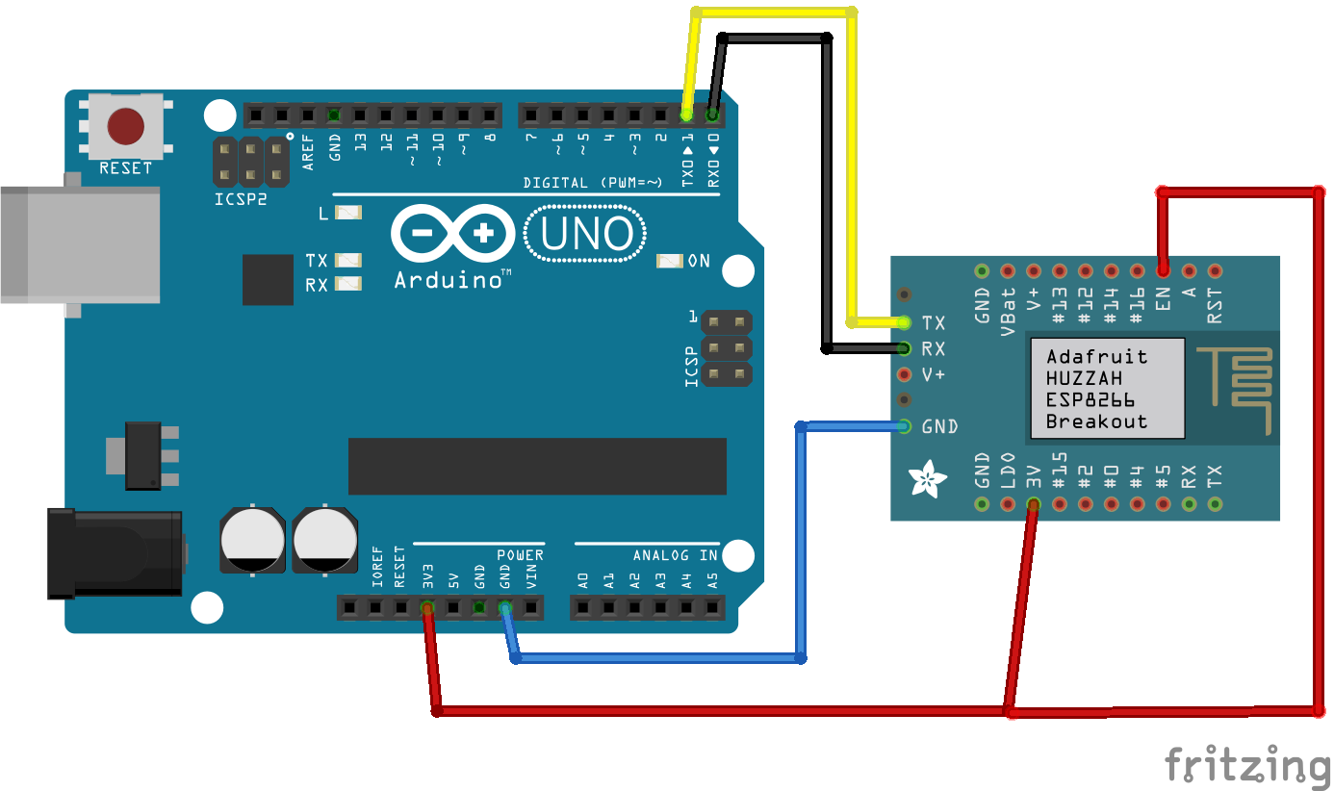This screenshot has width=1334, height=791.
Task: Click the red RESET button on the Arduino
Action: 126,125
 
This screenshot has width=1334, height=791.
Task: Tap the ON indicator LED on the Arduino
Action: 669,261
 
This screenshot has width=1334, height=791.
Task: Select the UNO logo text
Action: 586,234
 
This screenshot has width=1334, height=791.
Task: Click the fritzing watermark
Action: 1247,765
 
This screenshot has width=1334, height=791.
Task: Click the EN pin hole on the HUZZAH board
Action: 1163,271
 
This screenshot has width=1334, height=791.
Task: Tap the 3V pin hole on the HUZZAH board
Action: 1033,503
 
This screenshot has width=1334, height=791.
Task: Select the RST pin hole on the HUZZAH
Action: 1215,271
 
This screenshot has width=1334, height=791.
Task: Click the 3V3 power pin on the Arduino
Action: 427,607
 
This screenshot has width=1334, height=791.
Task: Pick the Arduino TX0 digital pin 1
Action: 686,115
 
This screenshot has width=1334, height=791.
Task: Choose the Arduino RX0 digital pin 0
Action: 712,115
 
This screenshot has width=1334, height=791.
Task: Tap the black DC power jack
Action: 115,553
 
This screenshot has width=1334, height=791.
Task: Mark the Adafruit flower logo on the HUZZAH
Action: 929,479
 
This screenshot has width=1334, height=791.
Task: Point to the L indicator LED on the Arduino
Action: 346,212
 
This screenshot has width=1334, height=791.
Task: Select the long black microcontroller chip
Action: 537,466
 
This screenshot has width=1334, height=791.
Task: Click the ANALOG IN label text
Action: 675,555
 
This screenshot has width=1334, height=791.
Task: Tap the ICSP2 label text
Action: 240,200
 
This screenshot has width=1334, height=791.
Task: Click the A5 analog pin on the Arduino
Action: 712,607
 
